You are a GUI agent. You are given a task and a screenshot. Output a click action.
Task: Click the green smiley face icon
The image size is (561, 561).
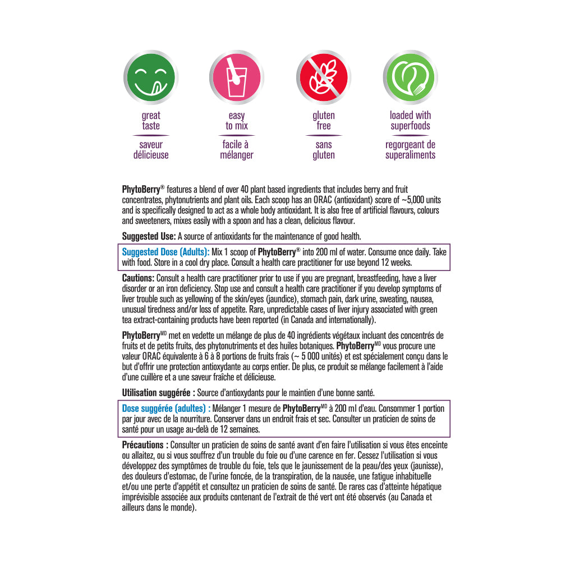click(x=151, y=77)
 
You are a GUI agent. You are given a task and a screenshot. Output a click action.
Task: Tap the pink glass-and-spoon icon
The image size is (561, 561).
click(x=237, y=77)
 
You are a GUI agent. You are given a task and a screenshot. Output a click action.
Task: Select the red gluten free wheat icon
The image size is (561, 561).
click(x=324, y=77)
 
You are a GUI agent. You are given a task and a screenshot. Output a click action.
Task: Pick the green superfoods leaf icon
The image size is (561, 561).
click(x=410, y=77)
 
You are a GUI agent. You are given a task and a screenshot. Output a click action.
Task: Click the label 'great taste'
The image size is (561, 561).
click(x=151, y=121)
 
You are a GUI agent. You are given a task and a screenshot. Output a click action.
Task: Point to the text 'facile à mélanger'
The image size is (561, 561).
click(x=237, y=150)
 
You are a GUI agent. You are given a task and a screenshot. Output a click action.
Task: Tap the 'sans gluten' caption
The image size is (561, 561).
click(x=324, y=150)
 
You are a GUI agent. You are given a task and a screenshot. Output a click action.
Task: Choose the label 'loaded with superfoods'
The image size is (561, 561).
click(x=410, y=121)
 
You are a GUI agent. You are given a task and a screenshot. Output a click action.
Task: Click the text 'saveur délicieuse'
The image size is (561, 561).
click(x=151, y=150)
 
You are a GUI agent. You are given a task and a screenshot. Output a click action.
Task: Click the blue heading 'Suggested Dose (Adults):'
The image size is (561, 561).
click(x=165, y=252)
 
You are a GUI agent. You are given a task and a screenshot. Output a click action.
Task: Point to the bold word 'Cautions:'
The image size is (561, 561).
click(x=138, y=278)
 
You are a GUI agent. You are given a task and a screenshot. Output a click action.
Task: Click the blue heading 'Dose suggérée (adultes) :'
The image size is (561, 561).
click(x=166, y=408)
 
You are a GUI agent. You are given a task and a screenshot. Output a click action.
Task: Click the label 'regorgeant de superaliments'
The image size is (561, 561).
click(x=410, y=150)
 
